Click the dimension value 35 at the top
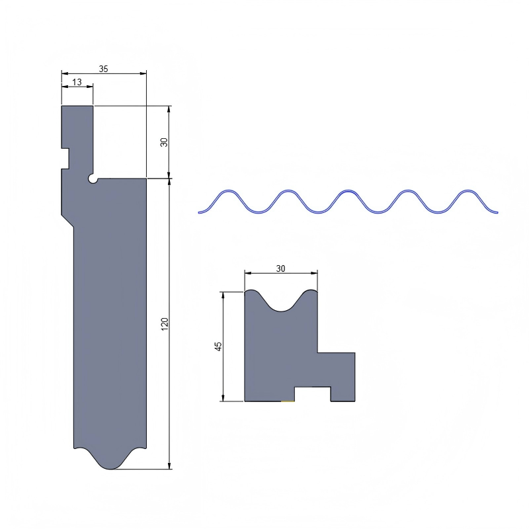[104, 68]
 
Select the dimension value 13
[77, 82]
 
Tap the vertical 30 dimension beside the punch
[164, 142]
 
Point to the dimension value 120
[165, 324]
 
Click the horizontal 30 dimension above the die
[280, 268]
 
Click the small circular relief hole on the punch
[93, 179]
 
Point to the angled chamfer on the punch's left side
[67, 220]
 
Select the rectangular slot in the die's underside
[312, 394]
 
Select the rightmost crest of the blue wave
[468, 192]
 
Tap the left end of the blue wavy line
[199, 212]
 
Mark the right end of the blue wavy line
[497, 212]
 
